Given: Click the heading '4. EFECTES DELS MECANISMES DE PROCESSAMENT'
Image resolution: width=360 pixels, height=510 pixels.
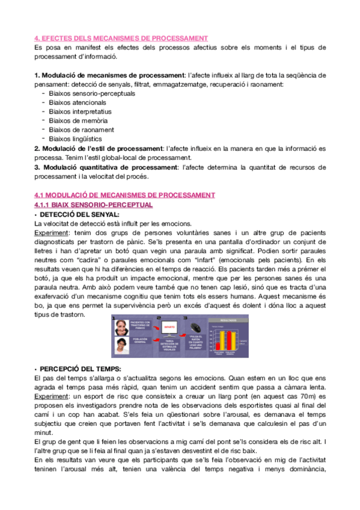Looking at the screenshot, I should [x=121, y=38].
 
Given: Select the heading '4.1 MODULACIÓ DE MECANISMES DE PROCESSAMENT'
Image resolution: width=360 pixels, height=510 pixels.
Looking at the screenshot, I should [x=124, y=194].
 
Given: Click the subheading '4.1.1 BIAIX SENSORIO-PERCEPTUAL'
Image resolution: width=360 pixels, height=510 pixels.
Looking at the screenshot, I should [x=93, y=204].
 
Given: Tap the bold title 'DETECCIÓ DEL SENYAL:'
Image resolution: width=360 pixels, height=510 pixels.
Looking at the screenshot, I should [x=79, y=214].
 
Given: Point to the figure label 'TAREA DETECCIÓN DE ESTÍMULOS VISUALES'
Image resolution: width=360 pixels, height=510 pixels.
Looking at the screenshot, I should [x=168, y=346].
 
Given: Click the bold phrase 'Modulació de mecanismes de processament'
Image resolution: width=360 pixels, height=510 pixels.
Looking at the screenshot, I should [x=111, y=75].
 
